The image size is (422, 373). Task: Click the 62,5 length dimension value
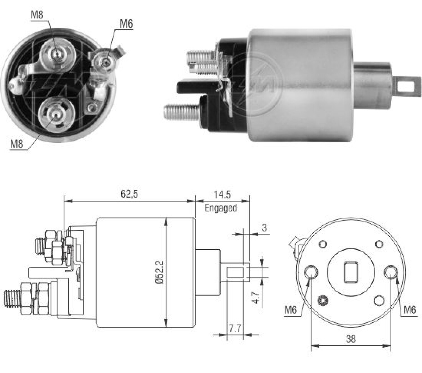(129, 194)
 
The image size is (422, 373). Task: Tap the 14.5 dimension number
(222, 195)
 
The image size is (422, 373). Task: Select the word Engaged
(221, 208)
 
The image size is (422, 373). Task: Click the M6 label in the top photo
(126, 24)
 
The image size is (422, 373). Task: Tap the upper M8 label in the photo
(37, 15)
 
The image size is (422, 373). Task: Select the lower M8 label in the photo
(17, 144)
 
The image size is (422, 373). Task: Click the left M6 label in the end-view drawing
(291, 310)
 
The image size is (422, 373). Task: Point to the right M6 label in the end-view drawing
(410, 310)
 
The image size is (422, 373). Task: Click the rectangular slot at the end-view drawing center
(351, 272)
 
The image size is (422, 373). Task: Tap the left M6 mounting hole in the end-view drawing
(311, 272)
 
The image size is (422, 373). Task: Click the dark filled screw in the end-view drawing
(323, 301)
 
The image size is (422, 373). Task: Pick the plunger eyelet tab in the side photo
(407, 87)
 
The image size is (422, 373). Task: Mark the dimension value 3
(264, 228)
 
